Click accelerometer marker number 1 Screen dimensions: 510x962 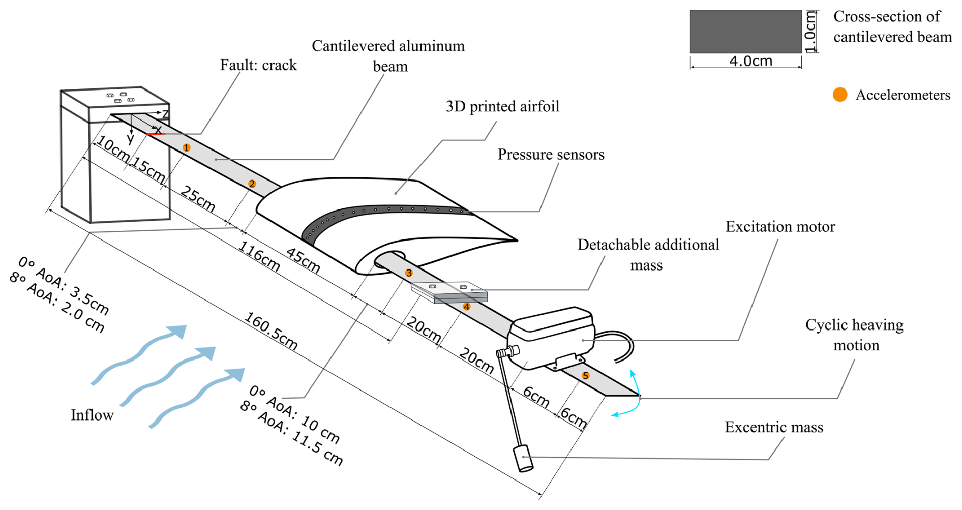click(187, 147)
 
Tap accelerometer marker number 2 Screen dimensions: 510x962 click(252, 184)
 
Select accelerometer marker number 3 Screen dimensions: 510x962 click(409, 273)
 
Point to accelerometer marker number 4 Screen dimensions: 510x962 click(466, 307)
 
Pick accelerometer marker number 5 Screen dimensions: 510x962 click(585, 376)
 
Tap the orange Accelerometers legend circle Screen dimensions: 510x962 click(840, 95)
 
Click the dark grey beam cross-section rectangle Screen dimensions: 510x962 click(745, 32)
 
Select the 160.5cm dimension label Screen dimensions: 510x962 click(271, 331)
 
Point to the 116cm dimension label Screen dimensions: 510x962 click(259, 256)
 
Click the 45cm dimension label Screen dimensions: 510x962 click(303, 260)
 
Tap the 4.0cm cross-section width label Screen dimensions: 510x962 click(750, 61)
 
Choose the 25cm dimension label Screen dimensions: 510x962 click(198, 198)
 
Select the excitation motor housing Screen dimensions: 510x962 click(552, 336)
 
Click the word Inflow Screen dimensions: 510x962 click(92, 415)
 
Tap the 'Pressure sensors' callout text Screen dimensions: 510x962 click(551, 155)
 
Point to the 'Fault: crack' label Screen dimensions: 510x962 click(258, 65)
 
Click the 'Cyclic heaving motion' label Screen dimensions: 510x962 click(854, 335)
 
